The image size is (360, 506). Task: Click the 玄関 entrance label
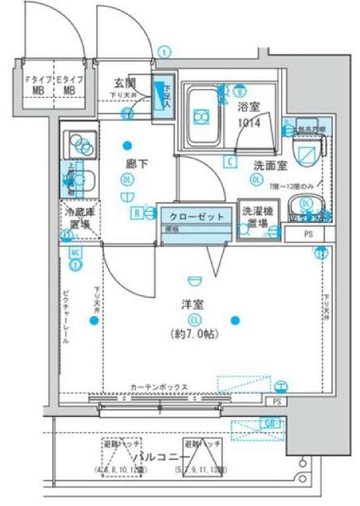125,83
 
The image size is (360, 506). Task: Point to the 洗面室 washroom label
270,164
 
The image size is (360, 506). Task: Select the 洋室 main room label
194,305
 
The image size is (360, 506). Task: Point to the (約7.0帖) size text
194,333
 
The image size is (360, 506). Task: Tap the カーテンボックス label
158,387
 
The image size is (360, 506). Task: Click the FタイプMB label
35,84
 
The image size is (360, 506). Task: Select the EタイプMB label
69,84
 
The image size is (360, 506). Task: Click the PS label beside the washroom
308,234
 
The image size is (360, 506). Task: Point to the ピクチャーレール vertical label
66,316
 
